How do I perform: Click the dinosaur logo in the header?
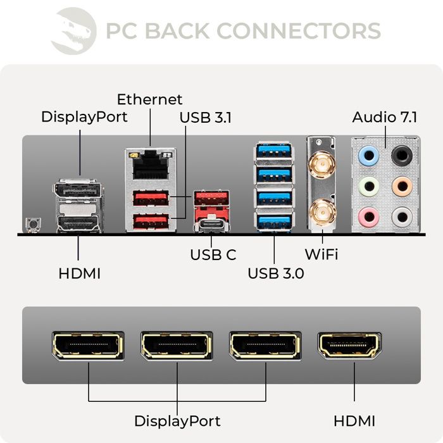(x=73, y=30)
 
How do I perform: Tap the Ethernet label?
(x=149, y=99)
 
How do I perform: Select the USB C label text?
(x=213, y=255)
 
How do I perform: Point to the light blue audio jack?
(x=368, y=156)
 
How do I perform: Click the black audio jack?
(x=401, y=156)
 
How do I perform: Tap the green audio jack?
(x=368, y=187)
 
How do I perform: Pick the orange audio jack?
(x=401, y=187)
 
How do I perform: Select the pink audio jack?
(x=368, y=217)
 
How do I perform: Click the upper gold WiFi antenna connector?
(x=321, y=166)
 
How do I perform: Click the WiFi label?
(x=321, y=255)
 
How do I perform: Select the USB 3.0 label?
(x=275, y=273)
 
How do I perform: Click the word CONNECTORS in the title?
(x=299, y=30)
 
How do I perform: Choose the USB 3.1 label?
(x=206, y=117)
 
